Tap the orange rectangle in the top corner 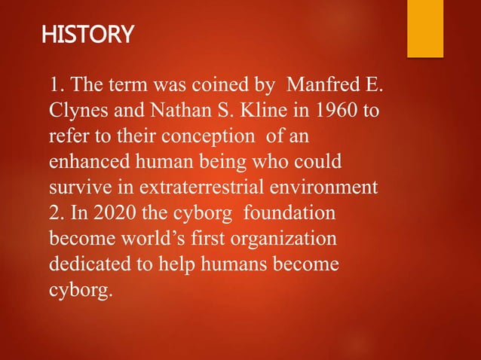click(x=425, y=29)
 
